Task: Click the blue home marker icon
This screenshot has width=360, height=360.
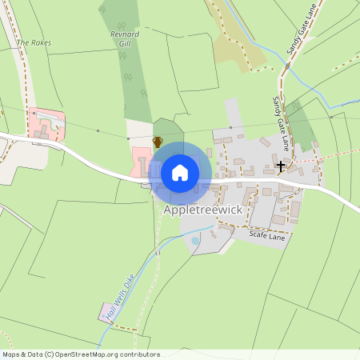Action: coord(180,173)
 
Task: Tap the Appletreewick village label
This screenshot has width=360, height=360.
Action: coord(202,210)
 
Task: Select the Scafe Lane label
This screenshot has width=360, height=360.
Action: coord(267,236)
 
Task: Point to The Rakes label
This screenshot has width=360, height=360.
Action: coord(33,42)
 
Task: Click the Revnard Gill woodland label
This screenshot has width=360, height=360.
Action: coord(125,40)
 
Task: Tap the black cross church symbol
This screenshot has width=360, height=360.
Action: coord(281,166)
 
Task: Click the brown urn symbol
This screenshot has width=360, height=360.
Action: coord(158,142)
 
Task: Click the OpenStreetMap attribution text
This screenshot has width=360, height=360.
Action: coord(80,354)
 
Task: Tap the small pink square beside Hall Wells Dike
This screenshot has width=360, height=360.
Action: coord(103,308)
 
